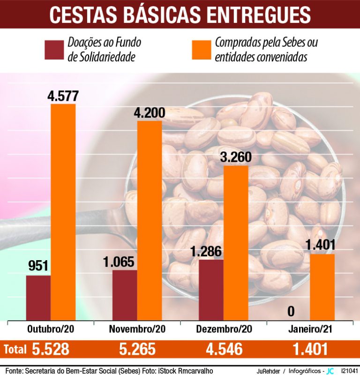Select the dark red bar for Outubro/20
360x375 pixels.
tap(38, 297)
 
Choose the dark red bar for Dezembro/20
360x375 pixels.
tap(211, 289)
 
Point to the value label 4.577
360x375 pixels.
tap(63, 96)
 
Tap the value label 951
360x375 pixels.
tap(38, 267)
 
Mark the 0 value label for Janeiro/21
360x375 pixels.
tap(291, 311)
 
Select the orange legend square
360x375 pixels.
tap(202, 50)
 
